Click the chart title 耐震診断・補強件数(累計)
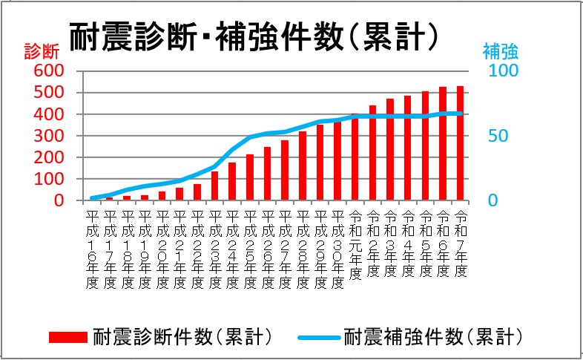coord(252,34)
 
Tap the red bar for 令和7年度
coord(461,143)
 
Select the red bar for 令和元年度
coord(355,157)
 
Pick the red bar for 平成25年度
coord(250,177)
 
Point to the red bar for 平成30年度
coord(337,161)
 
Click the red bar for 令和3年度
coord(390,149)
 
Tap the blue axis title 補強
coord(500,51)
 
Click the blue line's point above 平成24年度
coord(232,149)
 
